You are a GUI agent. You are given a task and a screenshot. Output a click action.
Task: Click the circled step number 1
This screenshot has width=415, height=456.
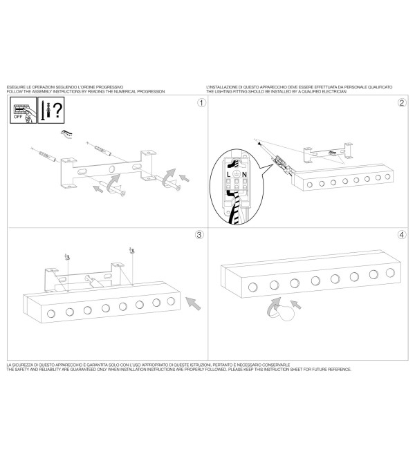[201, 103]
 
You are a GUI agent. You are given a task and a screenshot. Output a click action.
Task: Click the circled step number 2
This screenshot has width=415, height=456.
[402, 103]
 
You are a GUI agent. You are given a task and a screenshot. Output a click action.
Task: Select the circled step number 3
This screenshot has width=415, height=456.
[199, 235]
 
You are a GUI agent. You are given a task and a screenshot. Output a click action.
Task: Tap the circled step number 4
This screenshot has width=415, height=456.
[402, 235]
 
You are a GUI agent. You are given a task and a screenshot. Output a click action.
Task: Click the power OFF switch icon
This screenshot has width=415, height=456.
[24, 111]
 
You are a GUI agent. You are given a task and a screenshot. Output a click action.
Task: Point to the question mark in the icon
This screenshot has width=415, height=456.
[58, 110]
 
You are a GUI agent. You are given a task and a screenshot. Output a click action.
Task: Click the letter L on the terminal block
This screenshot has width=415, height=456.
[229, 175]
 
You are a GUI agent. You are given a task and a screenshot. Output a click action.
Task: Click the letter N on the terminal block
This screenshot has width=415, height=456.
[244, 175]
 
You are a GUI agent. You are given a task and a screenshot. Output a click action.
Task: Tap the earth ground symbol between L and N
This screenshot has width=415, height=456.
[237, 174]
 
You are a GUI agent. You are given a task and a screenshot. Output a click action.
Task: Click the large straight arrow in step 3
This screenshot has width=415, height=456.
[194, 303]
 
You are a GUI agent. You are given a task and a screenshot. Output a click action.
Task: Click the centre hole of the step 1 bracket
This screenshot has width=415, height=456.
[112, 169]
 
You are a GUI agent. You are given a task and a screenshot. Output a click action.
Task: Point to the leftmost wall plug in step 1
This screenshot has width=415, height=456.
[46, 155]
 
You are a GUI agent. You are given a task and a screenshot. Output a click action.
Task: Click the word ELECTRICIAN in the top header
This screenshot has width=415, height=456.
[335, 92]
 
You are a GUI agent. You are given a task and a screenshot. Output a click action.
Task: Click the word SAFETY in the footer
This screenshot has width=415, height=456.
[21, 370]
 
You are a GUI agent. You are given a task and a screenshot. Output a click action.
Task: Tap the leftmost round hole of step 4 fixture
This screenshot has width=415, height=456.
[252, 287]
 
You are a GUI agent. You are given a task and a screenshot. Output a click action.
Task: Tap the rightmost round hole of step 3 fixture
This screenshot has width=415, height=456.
[171, 301]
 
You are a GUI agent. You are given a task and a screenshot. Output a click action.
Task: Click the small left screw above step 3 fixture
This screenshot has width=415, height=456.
[68, 257]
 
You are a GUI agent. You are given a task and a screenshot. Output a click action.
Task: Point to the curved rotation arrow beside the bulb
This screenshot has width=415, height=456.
[273, 307]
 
